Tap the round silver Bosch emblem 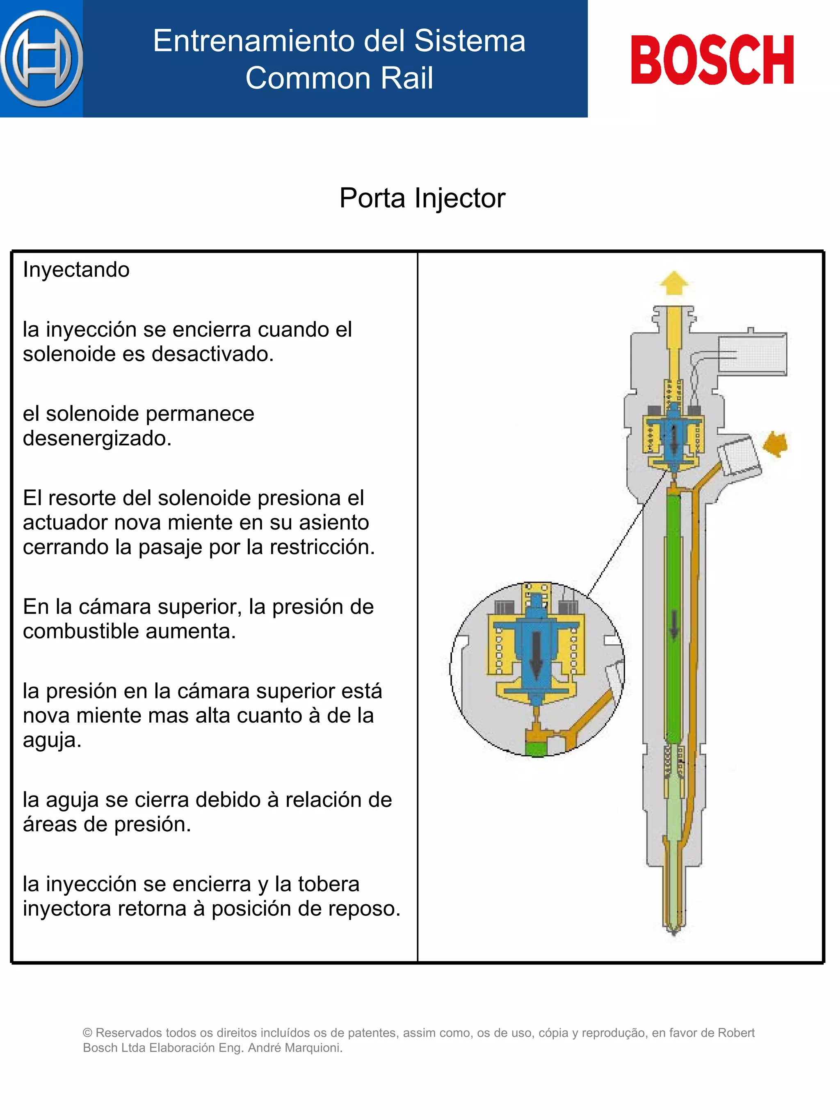[x=41, y=59]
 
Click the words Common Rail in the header [x=339, y=78]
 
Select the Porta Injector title [x=422, y=198]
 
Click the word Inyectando [x=76, y=269]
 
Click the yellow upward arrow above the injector [x=674, y=283]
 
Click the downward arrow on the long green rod [x=674, y=624]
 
